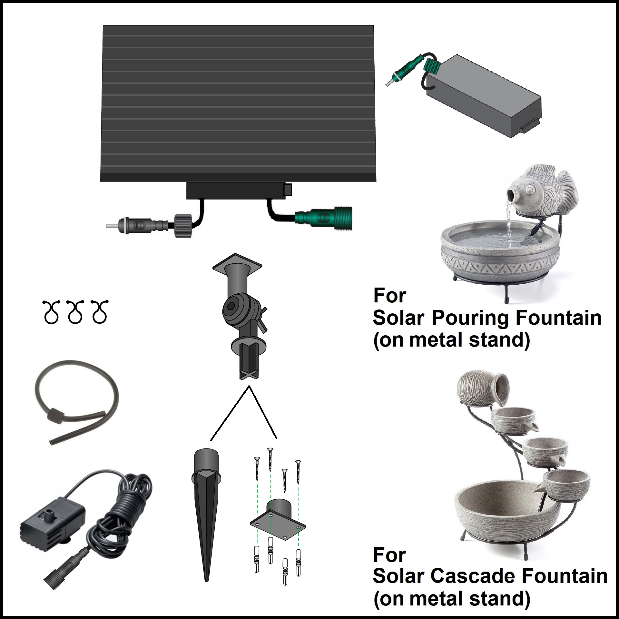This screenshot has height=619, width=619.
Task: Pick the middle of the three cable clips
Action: [75, 312]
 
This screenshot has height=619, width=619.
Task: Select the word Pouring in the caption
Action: [470, 318]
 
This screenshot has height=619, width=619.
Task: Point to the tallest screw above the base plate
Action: [270, 459]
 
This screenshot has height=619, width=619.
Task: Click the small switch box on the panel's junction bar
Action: [288, 190]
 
